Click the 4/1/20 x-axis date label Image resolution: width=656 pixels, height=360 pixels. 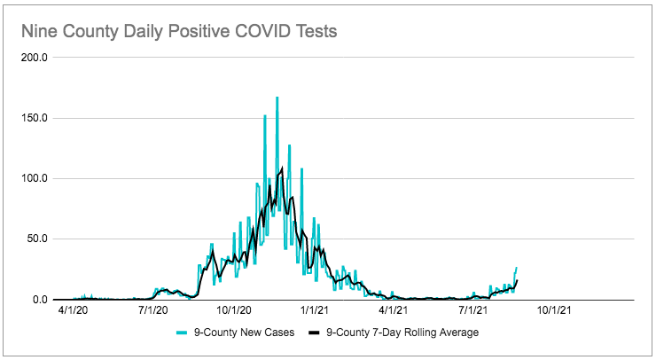tap(73, 311)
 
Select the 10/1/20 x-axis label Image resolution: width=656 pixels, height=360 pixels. tap(235, 311)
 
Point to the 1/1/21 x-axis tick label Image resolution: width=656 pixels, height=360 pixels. tap(316, 311)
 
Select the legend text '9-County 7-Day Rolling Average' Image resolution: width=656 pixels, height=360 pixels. tap(402, 333)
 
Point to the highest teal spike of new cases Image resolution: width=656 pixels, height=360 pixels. tap(277, 98)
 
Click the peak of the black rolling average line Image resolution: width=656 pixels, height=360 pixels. tap(281, 168)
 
